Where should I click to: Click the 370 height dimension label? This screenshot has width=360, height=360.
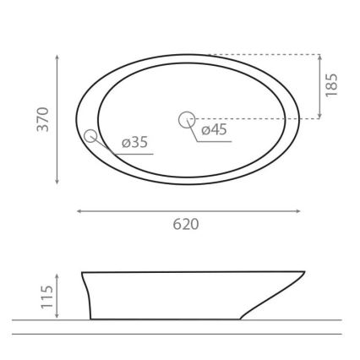[x=43, y=118]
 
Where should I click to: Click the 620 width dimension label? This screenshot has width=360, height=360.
[x=186, y=225]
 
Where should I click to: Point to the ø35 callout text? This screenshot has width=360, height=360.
[x=134, y=142]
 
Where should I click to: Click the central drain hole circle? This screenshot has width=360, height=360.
[x=187, y=120]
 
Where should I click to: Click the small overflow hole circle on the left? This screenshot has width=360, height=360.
[x=91, y=135]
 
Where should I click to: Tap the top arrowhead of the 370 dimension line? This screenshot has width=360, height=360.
[x=57, y=57]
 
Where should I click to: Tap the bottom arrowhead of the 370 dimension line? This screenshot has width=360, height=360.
[x=57, y=182]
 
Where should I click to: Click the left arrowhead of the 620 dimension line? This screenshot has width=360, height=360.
[x=79, y=210]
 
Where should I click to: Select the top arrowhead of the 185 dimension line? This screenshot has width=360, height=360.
[x=320, y=57]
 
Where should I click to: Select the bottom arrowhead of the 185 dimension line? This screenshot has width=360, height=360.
[x=320, y=117]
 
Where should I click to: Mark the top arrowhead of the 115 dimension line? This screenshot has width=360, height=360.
[x=57, y=275]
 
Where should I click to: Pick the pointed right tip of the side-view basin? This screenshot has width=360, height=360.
[x=304, y=272]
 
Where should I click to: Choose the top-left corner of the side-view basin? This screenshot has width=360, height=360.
[x=82, y=272]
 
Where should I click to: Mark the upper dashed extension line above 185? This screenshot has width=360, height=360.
[x=262, y=55]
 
